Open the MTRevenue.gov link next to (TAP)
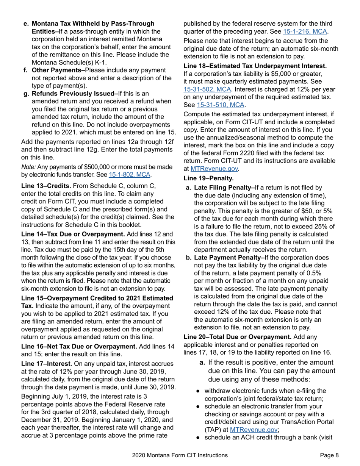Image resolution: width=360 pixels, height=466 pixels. click(x=254, y=429)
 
